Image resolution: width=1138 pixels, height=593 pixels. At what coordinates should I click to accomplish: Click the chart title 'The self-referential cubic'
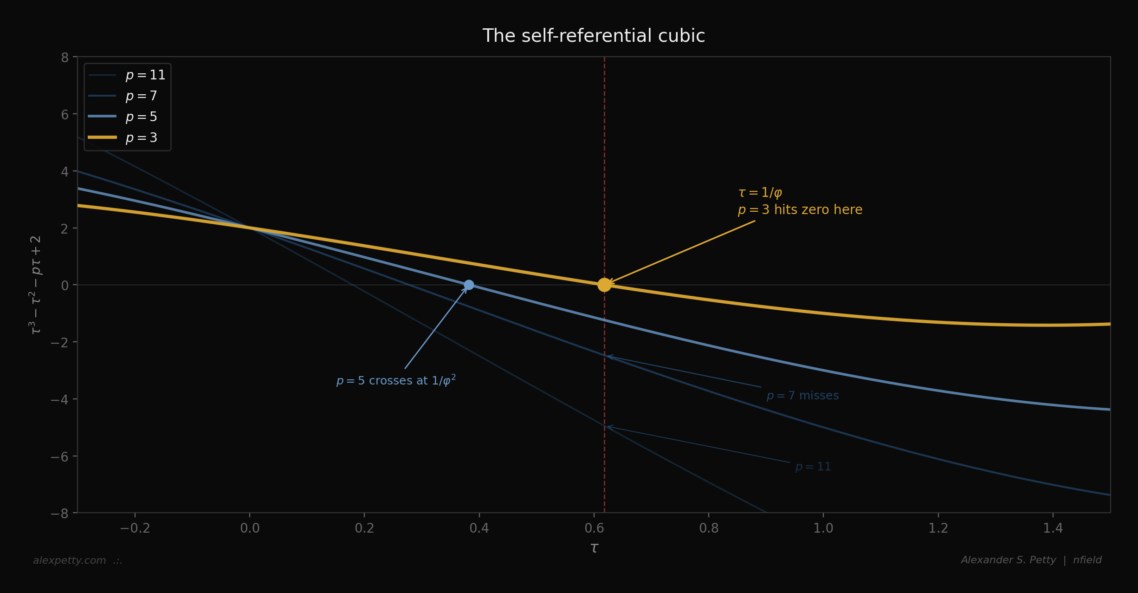pyautogui.click(x=594, y=36)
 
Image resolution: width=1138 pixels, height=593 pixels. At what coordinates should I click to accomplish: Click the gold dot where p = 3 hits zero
pyautogui.click(x=604, y=285)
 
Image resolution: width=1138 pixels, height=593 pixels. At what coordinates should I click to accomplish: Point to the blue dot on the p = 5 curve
pyautogui.click(x=469, y=285)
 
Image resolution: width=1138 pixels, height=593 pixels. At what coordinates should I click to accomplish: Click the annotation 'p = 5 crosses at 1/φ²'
pyautogui.click(x=396, y=381)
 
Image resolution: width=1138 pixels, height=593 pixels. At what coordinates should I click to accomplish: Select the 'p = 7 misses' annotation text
pyautogui.click(x=802, y=396)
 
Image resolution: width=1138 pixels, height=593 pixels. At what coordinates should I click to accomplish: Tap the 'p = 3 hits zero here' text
pyautogui.click(x=800, y=210)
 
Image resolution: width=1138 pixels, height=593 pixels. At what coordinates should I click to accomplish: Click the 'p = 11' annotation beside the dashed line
pyautogui.click(x=813, y=467)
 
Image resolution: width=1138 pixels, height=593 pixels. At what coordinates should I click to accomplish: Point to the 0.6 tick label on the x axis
pyautogui.click(x=594, y=528)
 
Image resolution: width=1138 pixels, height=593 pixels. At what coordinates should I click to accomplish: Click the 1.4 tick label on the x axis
pyautogui.click(x=1053, y=528)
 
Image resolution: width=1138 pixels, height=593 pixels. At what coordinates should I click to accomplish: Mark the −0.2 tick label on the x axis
pyautogui.click(x=135, y=528)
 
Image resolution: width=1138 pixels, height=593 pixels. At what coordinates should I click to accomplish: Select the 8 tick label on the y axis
pyautogui.click(x=65, y=58)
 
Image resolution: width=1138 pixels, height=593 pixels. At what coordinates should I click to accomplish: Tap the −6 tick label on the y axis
pyautogui.click(x=59, y=457)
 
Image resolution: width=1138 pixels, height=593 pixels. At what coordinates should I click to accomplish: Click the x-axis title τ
pyautogui.click(x=594, y=548)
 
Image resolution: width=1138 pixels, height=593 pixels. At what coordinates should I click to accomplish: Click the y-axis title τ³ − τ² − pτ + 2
pyautogui.click(x=35, y=285)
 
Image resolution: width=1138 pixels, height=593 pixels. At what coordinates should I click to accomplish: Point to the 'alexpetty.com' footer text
pyautogui.click(x=70, y=560)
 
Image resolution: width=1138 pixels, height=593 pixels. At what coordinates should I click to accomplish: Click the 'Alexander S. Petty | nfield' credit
pyautogui.click(x=1031, y=560)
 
